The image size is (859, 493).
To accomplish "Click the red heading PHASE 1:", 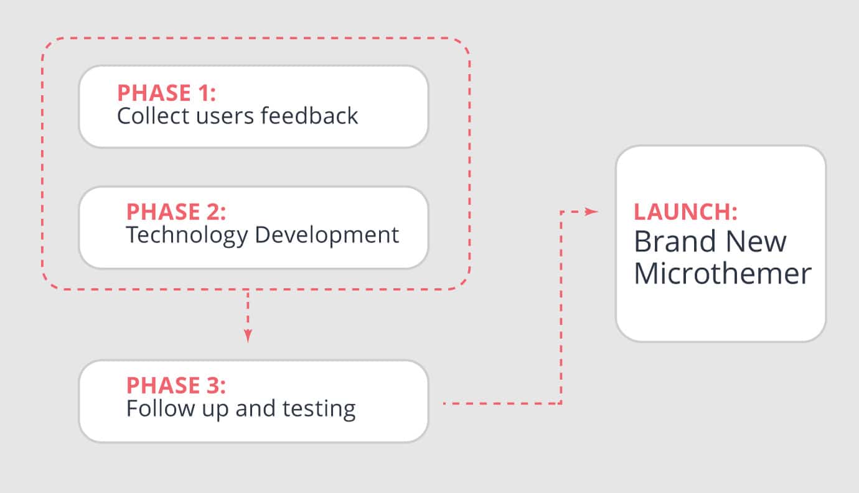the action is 166,93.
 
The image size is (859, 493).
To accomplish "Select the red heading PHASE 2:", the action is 176,212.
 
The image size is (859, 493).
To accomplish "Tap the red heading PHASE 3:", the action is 176,385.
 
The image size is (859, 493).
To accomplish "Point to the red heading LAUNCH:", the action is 685,212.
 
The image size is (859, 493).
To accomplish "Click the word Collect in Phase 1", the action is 153,116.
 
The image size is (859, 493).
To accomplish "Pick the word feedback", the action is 309,116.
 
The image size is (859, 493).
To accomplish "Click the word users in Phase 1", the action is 225,117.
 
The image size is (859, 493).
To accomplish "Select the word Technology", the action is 187,236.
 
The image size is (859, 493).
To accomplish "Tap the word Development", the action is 327,235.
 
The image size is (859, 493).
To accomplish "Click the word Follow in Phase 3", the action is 161,408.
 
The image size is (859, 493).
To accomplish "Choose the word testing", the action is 319,410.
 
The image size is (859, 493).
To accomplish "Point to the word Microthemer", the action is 723,274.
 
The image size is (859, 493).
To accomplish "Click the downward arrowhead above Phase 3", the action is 248,336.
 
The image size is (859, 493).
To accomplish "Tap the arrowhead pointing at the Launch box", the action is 591,211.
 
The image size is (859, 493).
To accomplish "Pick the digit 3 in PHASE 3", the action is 213,385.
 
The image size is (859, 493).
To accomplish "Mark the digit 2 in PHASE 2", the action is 213,212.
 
